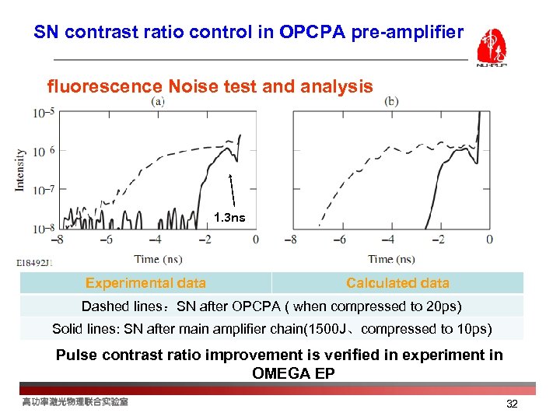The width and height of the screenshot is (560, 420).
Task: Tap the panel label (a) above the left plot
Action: (158, 101)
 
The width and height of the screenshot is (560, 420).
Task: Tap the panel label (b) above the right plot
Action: (391, 101)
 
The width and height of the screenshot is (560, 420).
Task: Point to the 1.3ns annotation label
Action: (229, 218)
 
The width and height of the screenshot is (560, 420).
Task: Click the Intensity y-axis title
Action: (21, 170)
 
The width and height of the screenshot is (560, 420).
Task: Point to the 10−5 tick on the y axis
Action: (44, 114)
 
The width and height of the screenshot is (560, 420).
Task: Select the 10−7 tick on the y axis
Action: (44, 190)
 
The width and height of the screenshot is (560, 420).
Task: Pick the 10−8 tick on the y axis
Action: (44, 229)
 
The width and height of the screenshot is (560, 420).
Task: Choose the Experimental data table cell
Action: (145, 283)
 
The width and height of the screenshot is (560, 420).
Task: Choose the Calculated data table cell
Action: (397, 283)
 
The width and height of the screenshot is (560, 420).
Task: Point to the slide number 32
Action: (511, 404)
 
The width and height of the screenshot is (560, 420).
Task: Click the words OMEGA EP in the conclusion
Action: (293, 373)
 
